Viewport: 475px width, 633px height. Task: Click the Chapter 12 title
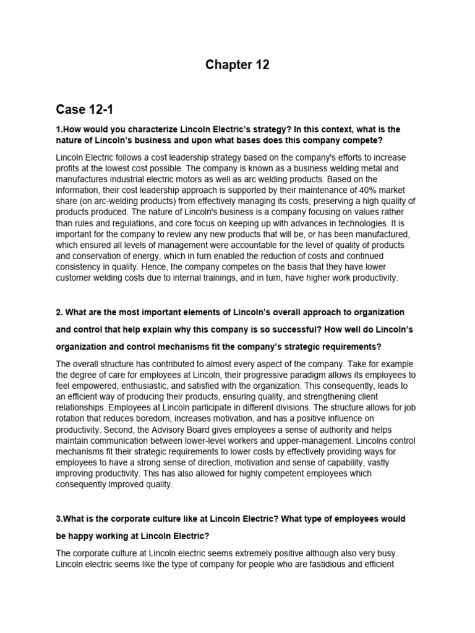(237, 65)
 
